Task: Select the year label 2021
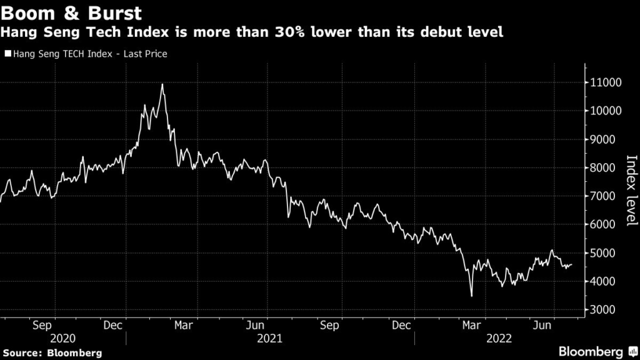[269, 338]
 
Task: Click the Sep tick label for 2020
[41, 325]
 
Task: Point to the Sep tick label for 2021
[329, 325]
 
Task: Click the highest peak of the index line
[162, 84]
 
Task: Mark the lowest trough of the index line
[471, 296]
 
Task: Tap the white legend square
[7, 54]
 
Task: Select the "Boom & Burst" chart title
[71, 12]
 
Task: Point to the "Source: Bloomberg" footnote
[52, 352]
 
